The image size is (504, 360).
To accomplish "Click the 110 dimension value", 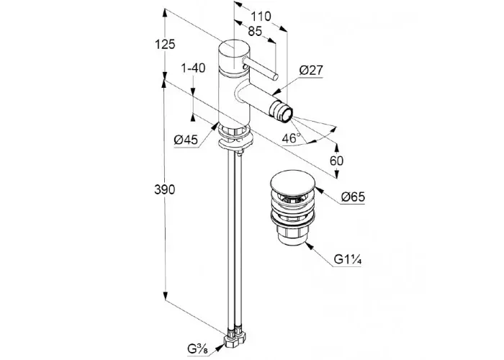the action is pyautogui.click(x=261, y=16).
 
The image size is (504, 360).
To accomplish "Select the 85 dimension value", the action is pyautogui.click(x=255, y=31).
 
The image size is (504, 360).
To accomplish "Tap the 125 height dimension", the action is pyautogui.click(x=165, y=44).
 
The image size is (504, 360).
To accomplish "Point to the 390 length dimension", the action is pyautogui.click(x=165, y=189).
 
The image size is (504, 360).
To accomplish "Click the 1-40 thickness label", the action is pyautogui.click(x=193, y=68).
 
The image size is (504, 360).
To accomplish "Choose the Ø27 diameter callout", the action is pyautogui.click(x=311, y=70).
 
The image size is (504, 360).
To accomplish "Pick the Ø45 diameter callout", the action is pyautogui.click(x=186, y=140).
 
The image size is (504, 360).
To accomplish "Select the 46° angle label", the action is pyautogui.click(x=291, y=138).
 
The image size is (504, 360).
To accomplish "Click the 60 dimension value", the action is pyautogui.click(x=336, y=161).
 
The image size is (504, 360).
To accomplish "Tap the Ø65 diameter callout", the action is pyautogui.click(x=354, y=197).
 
